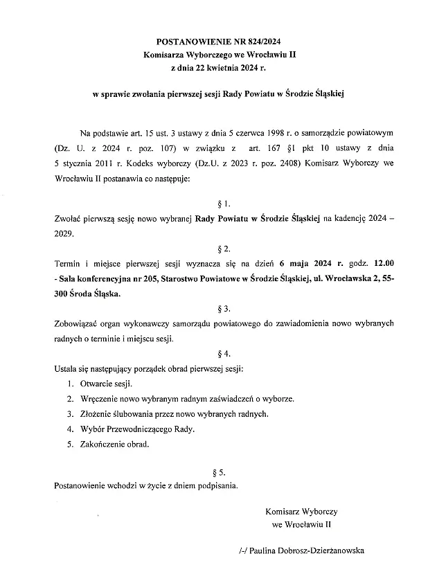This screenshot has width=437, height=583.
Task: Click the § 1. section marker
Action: click(x=218, y=204)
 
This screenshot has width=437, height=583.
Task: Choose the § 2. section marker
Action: click(x=218, y=249)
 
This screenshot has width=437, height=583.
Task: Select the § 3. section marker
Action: click(x=218, y=308)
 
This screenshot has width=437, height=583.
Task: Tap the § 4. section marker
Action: click(x=218, y=353)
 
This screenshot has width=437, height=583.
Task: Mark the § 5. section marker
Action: click(x=218, y=472)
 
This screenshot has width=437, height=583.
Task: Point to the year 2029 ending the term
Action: click(x=65, y=233)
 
